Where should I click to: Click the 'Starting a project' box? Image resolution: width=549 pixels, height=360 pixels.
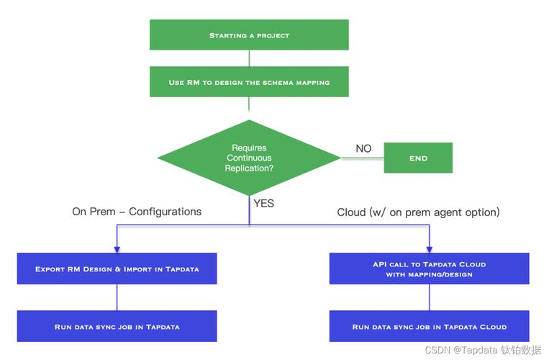[249, 35]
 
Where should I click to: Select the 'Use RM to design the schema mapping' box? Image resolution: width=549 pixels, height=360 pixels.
[249, 82]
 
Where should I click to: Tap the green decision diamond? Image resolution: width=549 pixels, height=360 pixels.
[249, 158]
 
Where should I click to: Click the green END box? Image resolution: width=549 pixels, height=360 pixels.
[418, 158]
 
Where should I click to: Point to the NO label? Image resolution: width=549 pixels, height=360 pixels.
[363, 148]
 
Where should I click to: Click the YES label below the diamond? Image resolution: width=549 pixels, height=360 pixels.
[264, 203]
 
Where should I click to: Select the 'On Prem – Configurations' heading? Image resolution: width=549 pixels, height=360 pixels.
[137, 212]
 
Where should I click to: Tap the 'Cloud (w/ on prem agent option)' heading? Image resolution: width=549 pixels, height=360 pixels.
[418, 212]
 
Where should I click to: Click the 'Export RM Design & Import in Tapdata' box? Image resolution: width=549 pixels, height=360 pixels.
[117, 269]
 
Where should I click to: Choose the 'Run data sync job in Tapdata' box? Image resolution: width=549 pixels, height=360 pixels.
[117, 326]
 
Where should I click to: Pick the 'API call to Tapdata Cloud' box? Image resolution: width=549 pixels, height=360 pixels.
[429, 269]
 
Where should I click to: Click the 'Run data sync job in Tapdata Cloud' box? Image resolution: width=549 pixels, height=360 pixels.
[429, 326]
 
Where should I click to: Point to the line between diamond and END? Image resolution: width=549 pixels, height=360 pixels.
[362, 158]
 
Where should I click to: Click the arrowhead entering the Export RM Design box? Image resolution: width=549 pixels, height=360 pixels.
[117, 249]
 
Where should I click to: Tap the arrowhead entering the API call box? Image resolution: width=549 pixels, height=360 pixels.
[430, 249]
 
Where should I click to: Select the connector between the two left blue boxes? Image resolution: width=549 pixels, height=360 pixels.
[117, 297]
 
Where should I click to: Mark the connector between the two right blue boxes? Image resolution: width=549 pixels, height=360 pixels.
[430, 297]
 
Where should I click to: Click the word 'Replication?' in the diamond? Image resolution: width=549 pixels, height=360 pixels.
[249, 168]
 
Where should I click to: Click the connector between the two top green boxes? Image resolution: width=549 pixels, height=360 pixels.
[249, 58]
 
